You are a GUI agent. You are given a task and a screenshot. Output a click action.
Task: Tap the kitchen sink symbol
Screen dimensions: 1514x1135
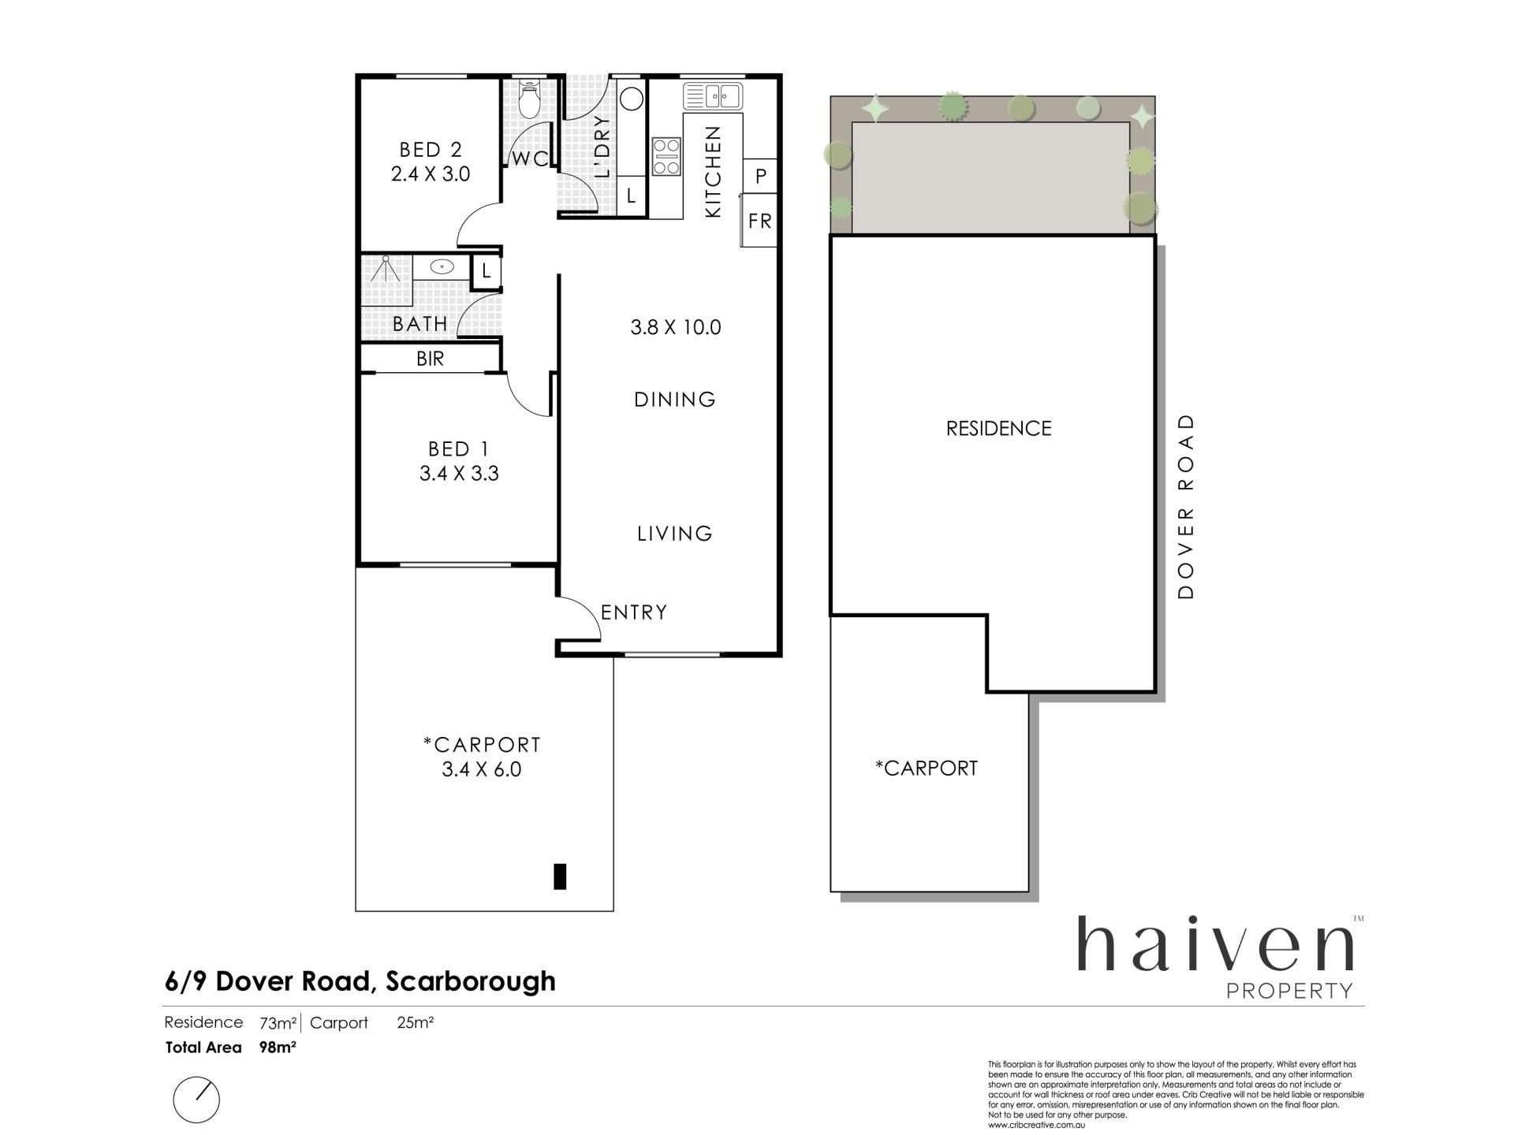pos(713,96)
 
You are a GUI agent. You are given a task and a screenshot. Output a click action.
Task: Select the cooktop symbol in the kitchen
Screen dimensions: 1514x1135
pos(666,156)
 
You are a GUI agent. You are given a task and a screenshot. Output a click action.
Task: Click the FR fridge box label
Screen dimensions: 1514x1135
pos(760,221)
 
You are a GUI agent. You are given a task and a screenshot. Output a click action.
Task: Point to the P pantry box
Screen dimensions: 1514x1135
pos(761,175)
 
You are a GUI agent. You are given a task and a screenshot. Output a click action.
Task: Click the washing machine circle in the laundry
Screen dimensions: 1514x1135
pos(632,99)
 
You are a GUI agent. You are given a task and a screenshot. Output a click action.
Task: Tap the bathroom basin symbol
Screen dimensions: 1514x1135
pos(442,267)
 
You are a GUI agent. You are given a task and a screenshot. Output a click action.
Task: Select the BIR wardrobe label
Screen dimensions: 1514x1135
pos(431,359)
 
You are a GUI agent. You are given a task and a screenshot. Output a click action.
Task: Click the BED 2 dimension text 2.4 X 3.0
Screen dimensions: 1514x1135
pos(431,174)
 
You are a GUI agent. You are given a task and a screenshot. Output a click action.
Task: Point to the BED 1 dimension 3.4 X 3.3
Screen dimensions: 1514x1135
pos(459,474)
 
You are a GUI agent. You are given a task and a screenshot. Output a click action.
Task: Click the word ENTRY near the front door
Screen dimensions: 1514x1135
pos(634,612)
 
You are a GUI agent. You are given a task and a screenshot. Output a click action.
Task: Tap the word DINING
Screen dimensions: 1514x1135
pos(675,400)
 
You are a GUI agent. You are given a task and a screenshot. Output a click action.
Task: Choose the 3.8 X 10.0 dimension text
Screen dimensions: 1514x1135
pos(676,327)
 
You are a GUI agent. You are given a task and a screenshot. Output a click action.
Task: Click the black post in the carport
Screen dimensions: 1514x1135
pos(560,876)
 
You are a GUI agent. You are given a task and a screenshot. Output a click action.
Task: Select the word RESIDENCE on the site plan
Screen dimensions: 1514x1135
pos(999,429)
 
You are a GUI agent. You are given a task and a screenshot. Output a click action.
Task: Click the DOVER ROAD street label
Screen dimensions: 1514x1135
pos(1186,506)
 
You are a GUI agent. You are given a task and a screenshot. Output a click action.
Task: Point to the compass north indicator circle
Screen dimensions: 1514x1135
pos(196,1100)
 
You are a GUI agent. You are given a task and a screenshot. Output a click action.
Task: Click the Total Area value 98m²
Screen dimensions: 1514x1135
pos(278,1048)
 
